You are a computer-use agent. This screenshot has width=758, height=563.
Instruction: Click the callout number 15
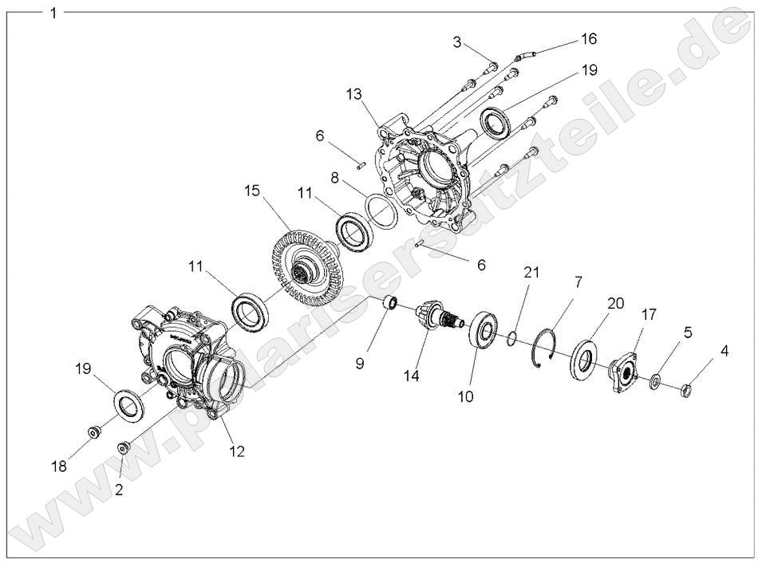[x=252, y=191]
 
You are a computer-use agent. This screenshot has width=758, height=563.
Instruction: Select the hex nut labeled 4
[x=685, y=390]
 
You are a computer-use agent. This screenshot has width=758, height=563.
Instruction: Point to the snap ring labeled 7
[x=543, y=349]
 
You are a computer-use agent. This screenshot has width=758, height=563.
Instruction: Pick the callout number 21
[x=532, y=273]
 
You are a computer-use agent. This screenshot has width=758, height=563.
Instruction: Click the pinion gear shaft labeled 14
[x=436, y=318]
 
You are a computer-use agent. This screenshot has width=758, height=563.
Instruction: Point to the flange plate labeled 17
[x=622, y=372]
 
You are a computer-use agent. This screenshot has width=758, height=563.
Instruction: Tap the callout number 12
[x=237, y=451]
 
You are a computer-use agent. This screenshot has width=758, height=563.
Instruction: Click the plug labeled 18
[x=94, y=433]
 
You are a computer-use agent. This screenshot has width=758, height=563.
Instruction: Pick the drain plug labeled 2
[x=123, y=448]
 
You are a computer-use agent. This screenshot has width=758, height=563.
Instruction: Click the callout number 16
[x=588, y=38]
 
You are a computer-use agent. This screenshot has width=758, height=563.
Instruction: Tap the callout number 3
[x=457, y=42]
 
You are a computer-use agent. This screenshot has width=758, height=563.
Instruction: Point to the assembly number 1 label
[x=53, y=13]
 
